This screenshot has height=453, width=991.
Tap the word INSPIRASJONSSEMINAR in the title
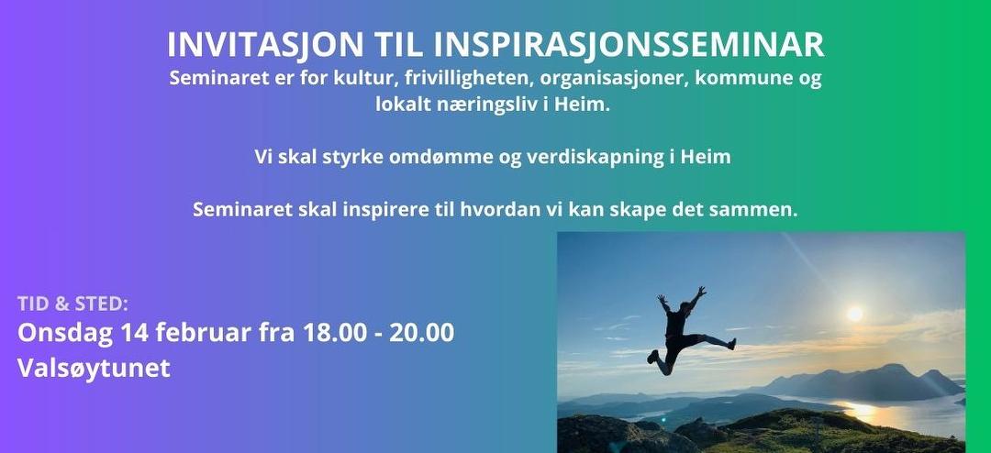(x=629, y=45)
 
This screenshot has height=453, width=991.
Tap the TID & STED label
(x=73, y=304)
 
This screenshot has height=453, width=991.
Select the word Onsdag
(x=63, y=333)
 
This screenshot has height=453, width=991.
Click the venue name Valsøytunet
(x=95, y=369)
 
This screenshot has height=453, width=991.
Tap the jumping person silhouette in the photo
(x=681, y=330)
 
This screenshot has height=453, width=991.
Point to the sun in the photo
(x=855, y=314)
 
